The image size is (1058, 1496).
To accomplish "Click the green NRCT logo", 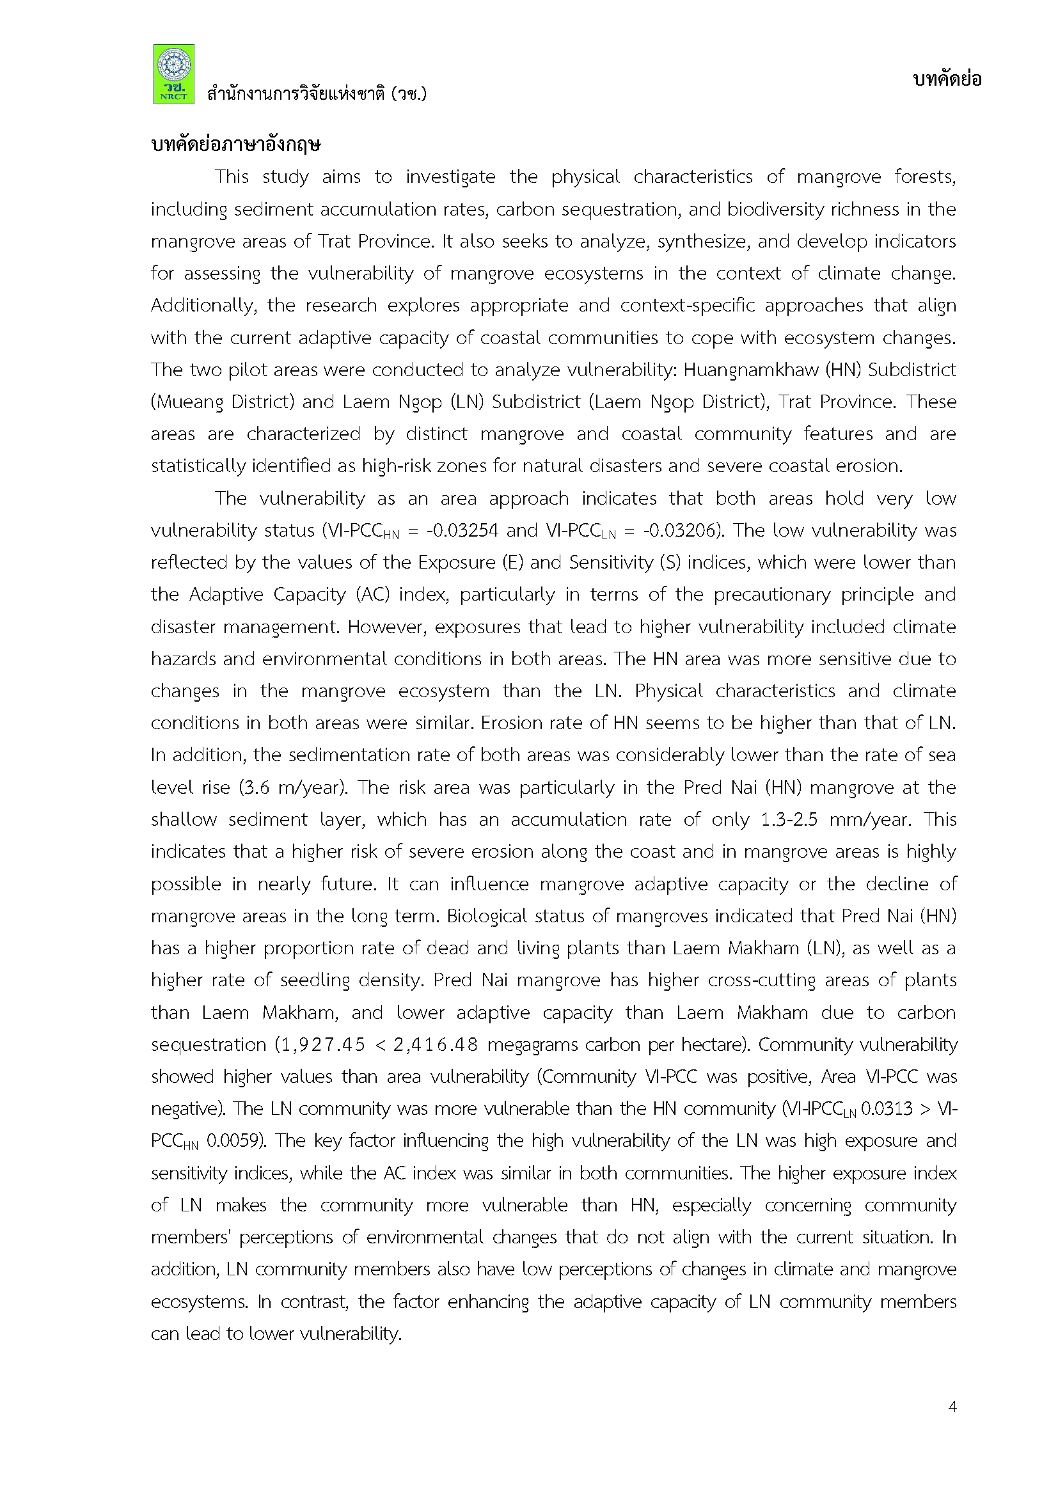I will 173,74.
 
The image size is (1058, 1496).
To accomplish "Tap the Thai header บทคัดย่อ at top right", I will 947,79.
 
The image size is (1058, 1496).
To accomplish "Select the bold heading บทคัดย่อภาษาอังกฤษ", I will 235,145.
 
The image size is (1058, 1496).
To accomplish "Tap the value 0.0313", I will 887,1109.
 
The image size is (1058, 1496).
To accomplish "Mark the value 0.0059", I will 235,1141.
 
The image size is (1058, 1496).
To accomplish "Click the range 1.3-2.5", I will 789,820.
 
